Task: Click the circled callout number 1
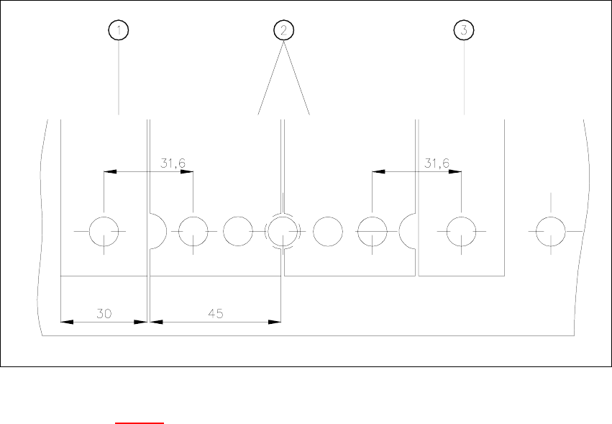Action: pyautogui.click(x=119, y=30)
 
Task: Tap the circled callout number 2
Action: pyautogui.click(x=284, y=30)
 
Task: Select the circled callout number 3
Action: pyautogui.click(x=465, y=30)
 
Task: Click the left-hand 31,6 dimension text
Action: pyautogui.click(x=173, y=164)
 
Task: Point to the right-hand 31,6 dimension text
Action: pyautogui.click(x=437, y=164)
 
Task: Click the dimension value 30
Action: pyautogui.click(x=104, y=313)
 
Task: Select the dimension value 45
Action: pyautogui.click(x=216, y=313)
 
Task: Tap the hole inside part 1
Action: pyautogui.click(x=104, y=231)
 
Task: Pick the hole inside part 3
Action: pyautogui.click(x=461, y=231)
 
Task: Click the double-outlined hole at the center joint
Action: pyautogui.click(x=283, y=231)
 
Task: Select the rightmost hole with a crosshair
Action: pyautogui.click(x=551, y=231)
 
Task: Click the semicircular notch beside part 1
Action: pyautogui.click(x=157, y=231)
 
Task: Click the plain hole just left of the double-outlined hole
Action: pyautogui.click(x=237, y=231)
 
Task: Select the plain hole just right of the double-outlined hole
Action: pyautogui.click(x=328, y=231)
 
